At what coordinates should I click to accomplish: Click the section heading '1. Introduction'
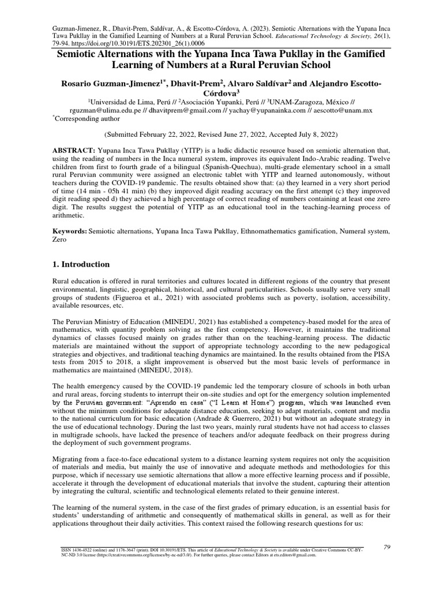click(85, 264)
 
